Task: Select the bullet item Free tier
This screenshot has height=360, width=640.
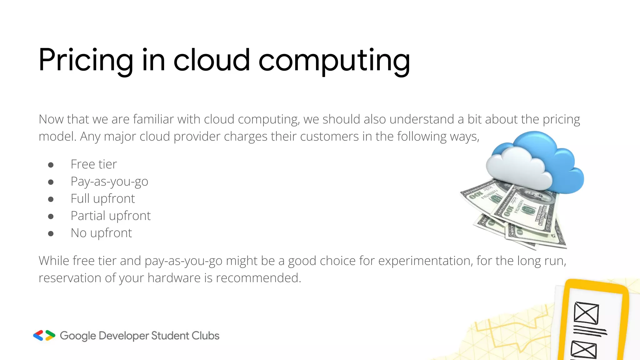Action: tap(94, 164)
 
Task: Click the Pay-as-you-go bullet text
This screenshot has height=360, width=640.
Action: tap(109, 182)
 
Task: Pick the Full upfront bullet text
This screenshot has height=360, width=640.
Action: tap(103, 198)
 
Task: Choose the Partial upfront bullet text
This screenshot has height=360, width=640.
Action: tap(111, 216)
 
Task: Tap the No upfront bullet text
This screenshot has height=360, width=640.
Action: tap(101, 233)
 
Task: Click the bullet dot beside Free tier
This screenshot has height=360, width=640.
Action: tap(51, 165)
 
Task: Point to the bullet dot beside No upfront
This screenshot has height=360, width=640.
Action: tap(51, 233)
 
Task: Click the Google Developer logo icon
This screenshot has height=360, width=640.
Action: tap(44, 335)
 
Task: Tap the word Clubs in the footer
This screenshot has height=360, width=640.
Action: tap(205, 336)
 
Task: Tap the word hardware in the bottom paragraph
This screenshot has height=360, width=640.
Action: tap(174, 278)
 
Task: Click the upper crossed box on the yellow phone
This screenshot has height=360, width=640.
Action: tap(586, 313)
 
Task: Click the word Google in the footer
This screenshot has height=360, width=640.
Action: tap(78, 336)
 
